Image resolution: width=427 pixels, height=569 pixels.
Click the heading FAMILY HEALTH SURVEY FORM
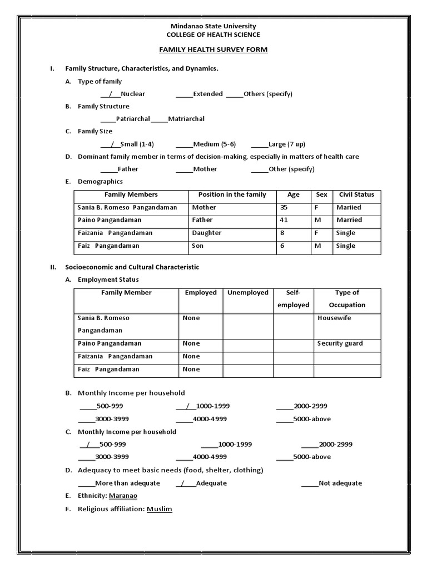coord(213,50)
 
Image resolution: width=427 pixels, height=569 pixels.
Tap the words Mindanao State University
coord(213,26)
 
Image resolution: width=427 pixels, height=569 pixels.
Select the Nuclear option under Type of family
coord(132,94)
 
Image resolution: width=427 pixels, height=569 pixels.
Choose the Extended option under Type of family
coord(207,94)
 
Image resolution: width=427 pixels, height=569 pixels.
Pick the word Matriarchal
coord(186,119)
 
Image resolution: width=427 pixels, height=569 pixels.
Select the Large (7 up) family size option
coord(286,144)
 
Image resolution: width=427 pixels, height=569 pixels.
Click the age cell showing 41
coord(285,220)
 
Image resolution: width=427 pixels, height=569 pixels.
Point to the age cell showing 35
coord(285,207)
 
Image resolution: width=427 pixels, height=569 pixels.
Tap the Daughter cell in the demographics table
coord(207,233)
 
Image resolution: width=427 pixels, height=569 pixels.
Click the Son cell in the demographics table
coord(198,246)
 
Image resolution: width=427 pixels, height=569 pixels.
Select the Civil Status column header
coord(356,194)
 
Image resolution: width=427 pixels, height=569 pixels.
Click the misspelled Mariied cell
coord(349,207)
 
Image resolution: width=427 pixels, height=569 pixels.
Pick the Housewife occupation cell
coord(334,318)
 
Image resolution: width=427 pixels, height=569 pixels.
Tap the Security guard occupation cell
coord(340,343)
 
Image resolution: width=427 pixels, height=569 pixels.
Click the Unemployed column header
coord(247,293)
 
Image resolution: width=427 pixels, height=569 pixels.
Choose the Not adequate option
coord(340,483)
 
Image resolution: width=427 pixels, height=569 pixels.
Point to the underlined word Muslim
coord(160,509)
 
